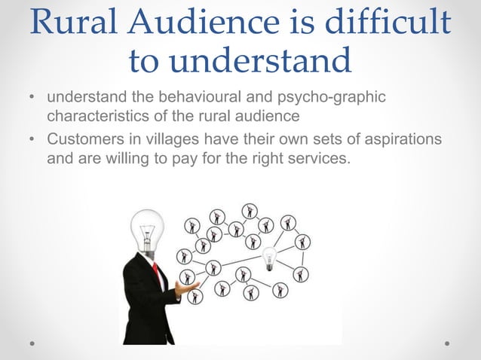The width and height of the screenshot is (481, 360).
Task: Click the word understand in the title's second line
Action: tap(240, 59)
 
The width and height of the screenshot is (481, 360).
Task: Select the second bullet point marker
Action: tap(31, 142)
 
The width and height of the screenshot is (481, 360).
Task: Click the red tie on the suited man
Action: tap(157, 273)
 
